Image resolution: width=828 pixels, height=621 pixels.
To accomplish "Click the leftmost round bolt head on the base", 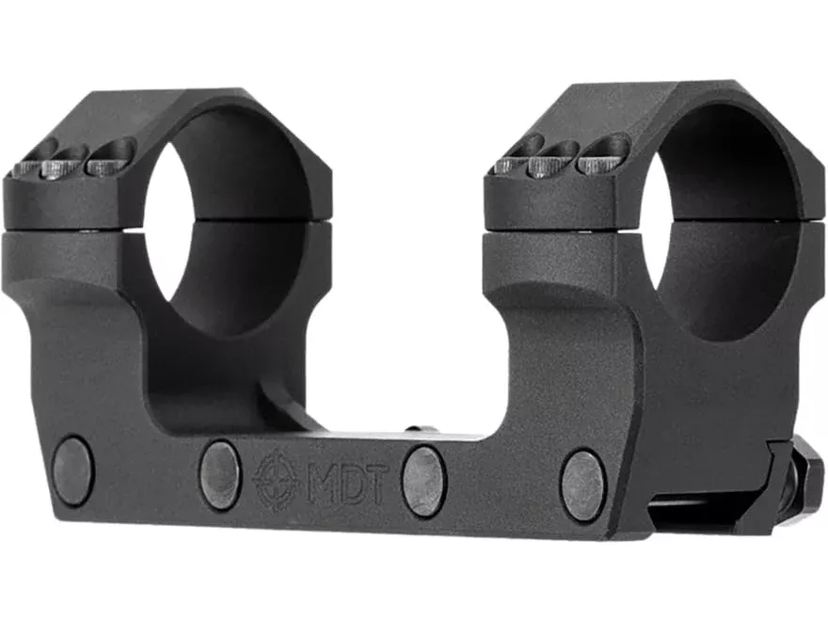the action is coord(73,470).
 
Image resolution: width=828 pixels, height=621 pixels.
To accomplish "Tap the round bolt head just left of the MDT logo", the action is coord(221,475).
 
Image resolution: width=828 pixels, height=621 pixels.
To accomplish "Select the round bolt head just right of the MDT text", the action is coord(423,481).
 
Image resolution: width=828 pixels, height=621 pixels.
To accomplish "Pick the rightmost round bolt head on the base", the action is coord(583,486).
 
